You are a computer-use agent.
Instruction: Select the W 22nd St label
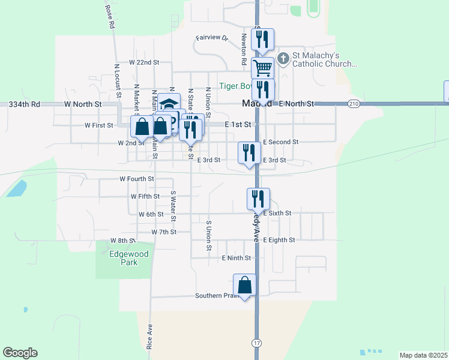tap(144, 62)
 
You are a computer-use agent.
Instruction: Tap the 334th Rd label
tap(24, 104)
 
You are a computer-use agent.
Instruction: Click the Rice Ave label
tap(149, 337)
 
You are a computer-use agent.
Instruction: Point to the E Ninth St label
tap(235, 258)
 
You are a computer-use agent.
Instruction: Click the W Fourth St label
tap(137, 179)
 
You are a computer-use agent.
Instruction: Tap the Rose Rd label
tap(109, 17)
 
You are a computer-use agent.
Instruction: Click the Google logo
tap(20, 353)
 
